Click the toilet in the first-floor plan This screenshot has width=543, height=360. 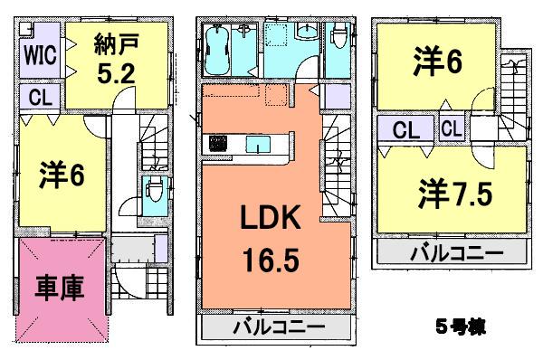click(154, 190)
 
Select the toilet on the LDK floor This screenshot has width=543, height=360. click(339, 36)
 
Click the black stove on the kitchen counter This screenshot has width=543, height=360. click(219, 143)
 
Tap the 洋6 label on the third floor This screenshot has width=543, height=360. click(436, 62)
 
